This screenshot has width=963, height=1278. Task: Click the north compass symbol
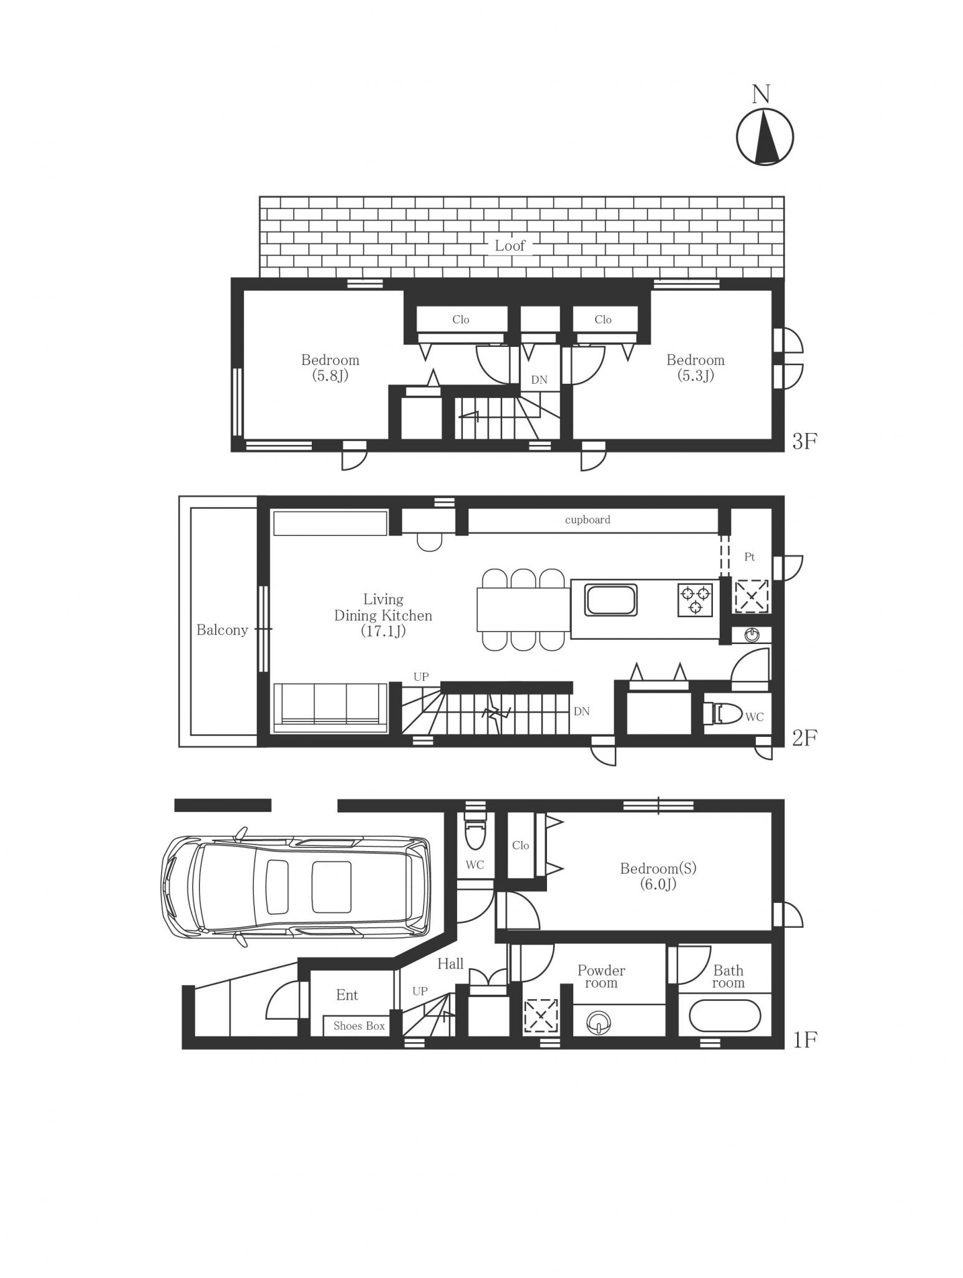(765, 137)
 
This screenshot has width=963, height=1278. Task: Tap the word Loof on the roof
(510, 246)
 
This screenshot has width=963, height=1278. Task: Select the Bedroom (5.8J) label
(330, 368)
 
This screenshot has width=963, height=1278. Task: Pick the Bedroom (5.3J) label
(695, 368)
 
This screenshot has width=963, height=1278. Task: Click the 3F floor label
(804, 441)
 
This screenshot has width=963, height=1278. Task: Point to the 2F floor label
(804, 738)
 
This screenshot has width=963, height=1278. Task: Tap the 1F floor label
(804, 1040)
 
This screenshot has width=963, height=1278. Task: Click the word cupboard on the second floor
(588, 520)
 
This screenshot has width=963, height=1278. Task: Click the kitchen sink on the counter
(610, 599)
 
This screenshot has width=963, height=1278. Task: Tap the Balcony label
(222, 630)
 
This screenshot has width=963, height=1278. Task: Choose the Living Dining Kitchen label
(383, 615)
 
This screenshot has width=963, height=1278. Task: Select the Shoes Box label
(359, 1026)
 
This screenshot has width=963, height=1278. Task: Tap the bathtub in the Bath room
(725, 1017)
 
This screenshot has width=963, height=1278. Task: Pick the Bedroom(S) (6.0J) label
(658, 876)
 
